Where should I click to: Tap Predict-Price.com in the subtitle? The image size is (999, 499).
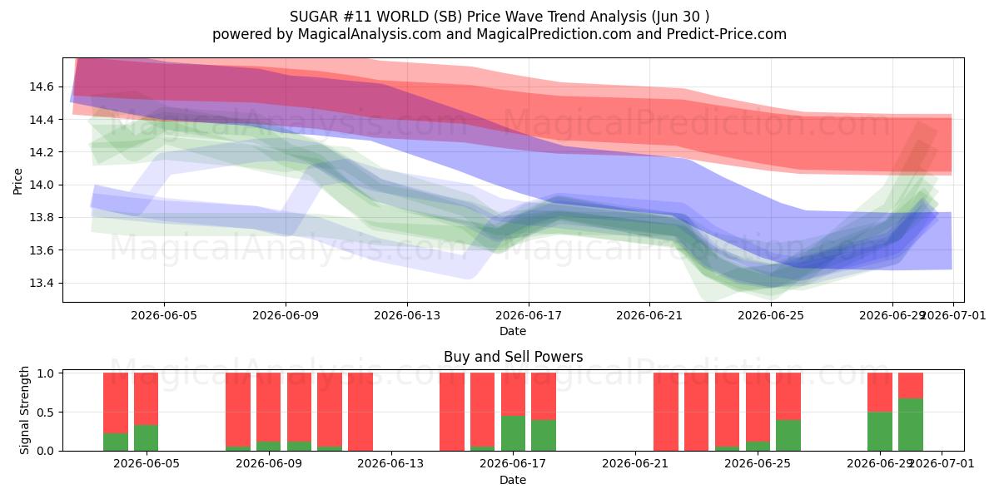coord(727,34)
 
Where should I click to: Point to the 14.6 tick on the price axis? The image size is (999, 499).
coord(42,86)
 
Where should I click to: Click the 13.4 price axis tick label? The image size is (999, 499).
coord(42,283)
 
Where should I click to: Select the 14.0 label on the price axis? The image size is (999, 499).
coord(42,185)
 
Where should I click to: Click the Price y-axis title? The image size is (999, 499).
coord(17,181)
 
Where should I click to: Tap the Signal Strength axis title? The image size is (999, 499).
coord(24,410)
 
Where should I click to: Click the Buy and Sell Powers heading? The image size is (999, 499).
coord(514,357)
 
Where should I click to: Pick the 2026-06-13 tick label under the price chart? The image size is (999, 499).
coord(407,315)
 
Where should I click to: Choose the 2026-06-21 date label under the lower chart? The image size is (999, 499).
coord(635,463)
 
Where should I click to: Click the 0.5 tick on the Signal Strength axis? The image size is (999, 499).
coord(46,413)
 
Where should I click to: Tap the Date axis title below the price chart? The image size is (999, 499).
coord(513,331)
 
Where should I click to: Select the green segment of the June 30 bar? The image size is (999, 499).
coord(911,425)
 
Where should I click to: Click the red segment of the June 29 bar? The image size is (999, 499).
coord(880,393)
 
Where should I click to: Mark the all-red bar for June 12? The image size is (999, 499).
coord(360,412)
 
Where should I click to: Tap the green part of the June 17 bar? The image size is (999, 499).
coord(514,433)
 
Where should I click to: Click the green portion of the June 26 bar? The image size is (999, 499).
coord(788,435)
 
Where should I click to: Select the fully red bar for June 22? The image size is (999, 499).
coord(666,412)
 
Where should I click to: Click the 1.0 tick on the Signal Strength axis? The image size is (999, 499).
coord(46,373)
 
